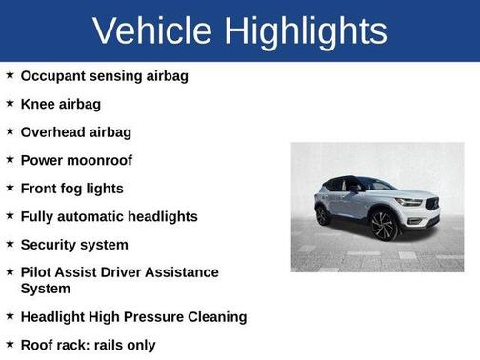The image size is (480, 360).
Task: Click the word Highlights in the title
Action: [307, 30]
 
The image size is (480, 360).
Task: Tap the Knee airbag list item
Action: [60, 104]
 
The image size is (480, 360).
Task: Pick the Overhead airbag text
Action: [76, 131]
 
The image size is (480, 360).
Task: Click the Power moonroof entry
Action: [76, 160]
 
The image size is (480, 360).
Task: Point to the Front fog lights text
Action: [72, 189]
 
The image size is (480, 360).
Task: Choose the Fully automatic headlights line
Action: [109, 216]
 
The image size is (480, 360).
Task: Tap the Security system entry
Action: [74, 245]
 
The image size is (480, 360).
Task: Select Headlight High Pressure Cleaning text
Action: [133, 316]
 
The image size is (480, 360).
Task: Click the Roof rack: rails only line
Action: [88, 345]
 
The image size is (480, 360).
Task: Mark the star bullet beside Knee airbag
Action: [10, 103]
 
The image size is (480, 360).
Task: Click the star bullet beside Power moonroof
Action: [10, 159]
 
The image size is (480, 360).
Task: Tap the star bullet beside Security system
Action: [10, 244]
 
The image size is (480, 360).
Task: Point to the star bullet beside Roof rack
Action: [10, 344]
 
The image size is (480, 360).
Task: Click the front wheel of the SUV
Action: [385, 226]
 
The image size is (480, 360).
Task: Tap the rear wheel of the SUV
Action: [325, 215]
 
